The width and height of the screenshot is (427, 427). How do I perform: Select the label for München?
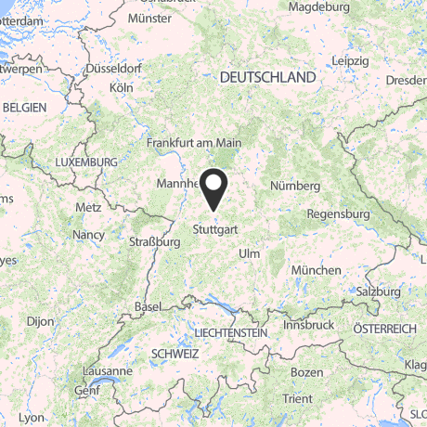tap(316, 270)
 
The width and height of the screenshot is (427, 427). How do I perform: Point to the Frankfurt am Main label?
tap(194, 144)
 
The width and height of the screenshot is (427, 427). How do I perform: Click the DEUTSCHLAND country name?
tap(268, 79)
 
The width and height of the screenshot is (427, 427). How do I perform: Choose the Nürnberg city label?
tap(295, 187)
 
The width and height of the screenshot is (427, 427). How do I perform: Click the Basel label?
tap(147, 307)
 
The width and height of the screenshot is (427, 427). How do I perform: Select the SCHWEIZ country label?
tap(174, 355)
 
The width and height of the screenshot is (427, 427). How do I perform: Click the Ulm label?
tap(250, 253)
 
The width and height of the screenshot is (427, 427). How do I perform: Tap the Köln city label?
tap(121, 87)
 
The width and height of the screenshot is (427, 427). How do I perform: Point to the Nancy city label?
tap(88, 235)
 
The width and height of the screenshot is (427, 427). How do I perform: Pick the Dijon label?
tap(40, 322)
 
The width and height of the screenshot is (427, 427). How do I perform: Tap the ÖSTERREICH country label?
tap(384, 330)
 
